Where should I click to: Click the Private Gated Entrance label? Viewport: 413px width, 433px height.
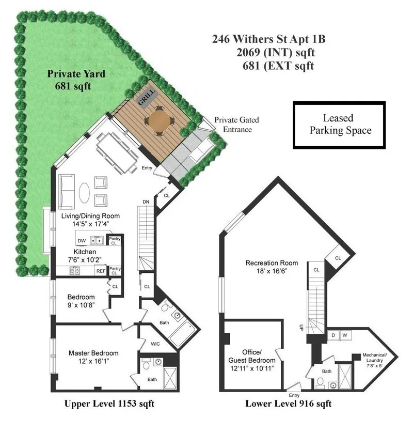(x=236, y=125)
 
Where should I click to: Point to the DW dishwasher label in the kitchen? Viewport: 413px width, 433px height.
(x=82, y=241)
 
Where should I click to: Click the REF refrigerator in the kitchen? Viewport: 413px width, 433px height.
(x=100, y=271)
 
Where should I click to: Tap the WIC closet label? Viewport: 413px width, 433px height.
(x=155, y=343)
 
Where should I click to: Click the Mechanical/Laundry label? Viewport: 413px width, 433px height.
(x=379, y=359)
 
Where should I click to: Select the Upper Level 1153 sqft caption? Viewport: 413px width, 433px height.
(x=108, y=404)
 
